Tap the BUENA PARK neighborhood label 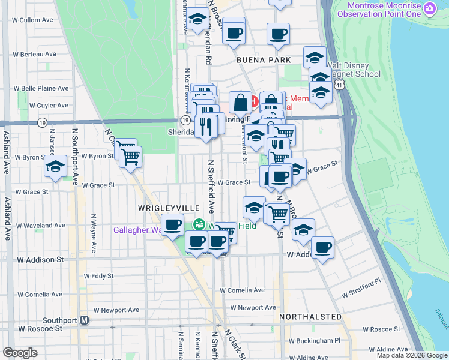coord(264,60)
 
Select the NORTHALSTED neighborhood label coord(310,316)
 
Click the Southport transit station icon coord(85,320)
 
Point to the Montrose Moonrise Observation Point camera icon coord(429,9)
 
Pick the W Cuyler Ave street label coord(44,105)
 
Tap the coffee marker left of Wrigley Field coord(173,225)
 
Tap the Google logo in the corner coord(20,353)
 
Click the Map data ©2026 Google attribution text coord(411,355)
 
